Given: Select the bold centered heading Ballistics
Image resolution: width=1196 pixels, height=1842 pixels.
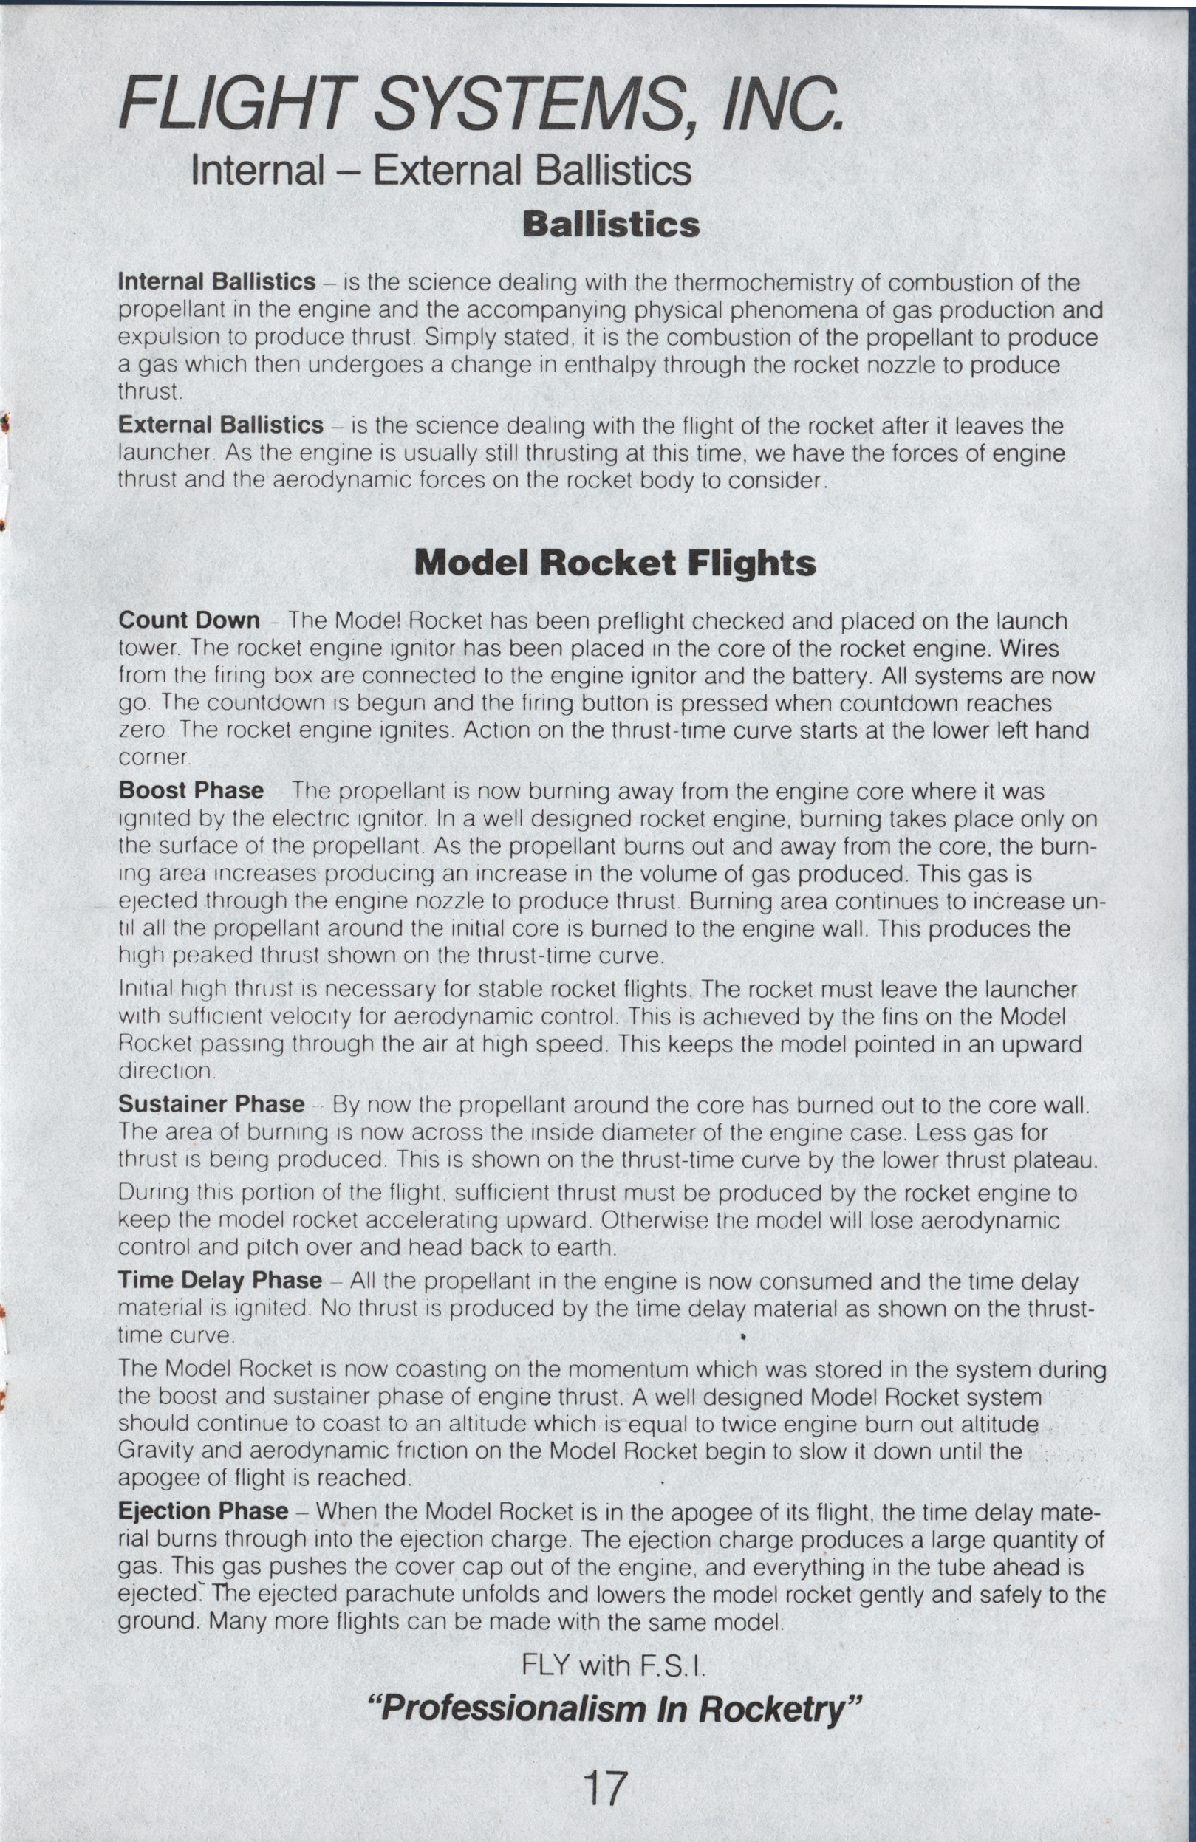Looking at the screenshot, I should [x=611, y=225].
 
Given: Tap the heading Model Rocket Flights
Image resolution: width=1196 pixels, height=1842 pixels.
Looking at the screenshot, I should [x=615, y=563].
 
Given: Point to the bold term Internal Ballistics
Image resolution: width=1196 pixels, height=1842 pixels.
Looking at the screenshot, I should [x=216, y=281].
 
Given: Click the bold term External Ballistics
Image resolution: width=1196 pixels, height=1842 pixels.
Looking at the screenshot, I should [x=221, y=425].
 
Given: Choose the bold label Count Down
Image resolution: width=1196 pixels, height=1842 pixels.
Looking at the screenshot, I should [x=189, y=620].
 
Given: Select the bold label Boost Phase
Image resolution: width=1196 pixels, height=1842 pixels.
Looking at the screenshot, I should [x=191, y=791].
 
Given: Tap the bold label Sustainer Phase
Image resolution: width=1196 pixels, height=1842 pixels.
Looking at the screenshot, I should [x=211, y=1104].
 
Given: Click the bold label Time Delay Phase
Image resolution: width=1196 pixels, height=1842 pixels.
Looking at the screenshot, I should [x=220, y=1281].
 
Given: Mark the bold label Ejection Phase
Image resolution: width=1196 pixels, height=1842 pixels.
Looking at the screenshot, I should [x=203, y=1512].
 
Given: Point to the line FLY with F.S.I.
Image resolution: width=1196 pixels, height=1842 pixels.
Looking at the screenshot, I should [x=614, y=1665].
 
